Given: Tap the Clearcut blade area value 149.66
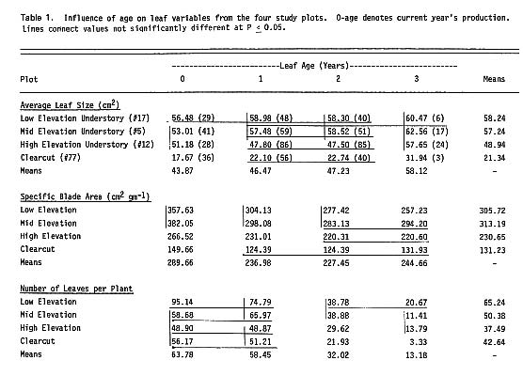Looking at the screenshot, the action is click(182, 252).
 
